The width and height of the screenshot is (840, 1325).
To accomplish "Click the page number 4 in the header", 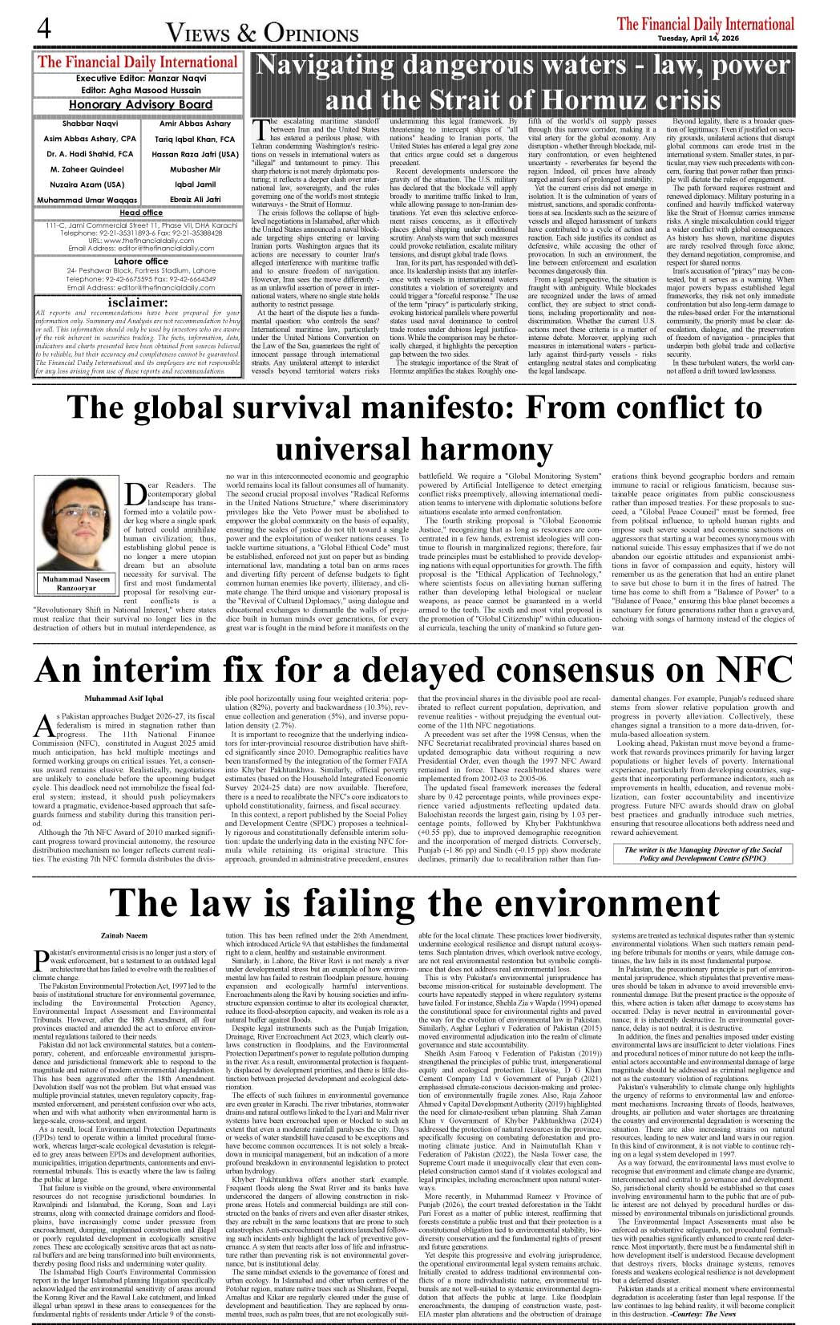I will point(44,29).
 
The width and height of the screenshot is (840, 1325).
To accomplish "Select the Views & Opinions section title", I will point(262,33).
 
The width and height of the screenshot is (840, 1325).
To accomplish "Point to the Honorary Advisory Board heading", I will point(140,104).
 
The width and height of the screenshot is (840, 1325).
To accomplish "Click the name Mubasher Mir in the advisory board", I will point(195,169).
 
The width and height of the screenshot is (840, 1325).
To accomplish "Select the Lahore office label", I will point(140,261).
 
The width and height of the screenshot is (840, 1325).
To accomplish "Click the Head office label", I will point(140,213).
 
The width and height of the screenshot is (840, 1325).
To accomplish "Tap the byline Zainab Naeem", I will point(123,935).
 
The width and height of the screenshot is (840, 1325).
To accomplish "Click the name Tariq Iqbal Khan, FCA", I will point(195,139).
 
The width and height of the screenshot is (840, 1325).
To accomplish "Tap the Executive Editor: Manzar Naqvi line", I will point(140,79).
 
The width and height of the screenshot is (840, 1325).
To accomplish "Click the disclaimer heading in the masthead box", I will point(138,303).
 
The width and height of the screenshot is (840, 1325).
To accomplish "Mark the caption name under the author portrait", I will point(76,583).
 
